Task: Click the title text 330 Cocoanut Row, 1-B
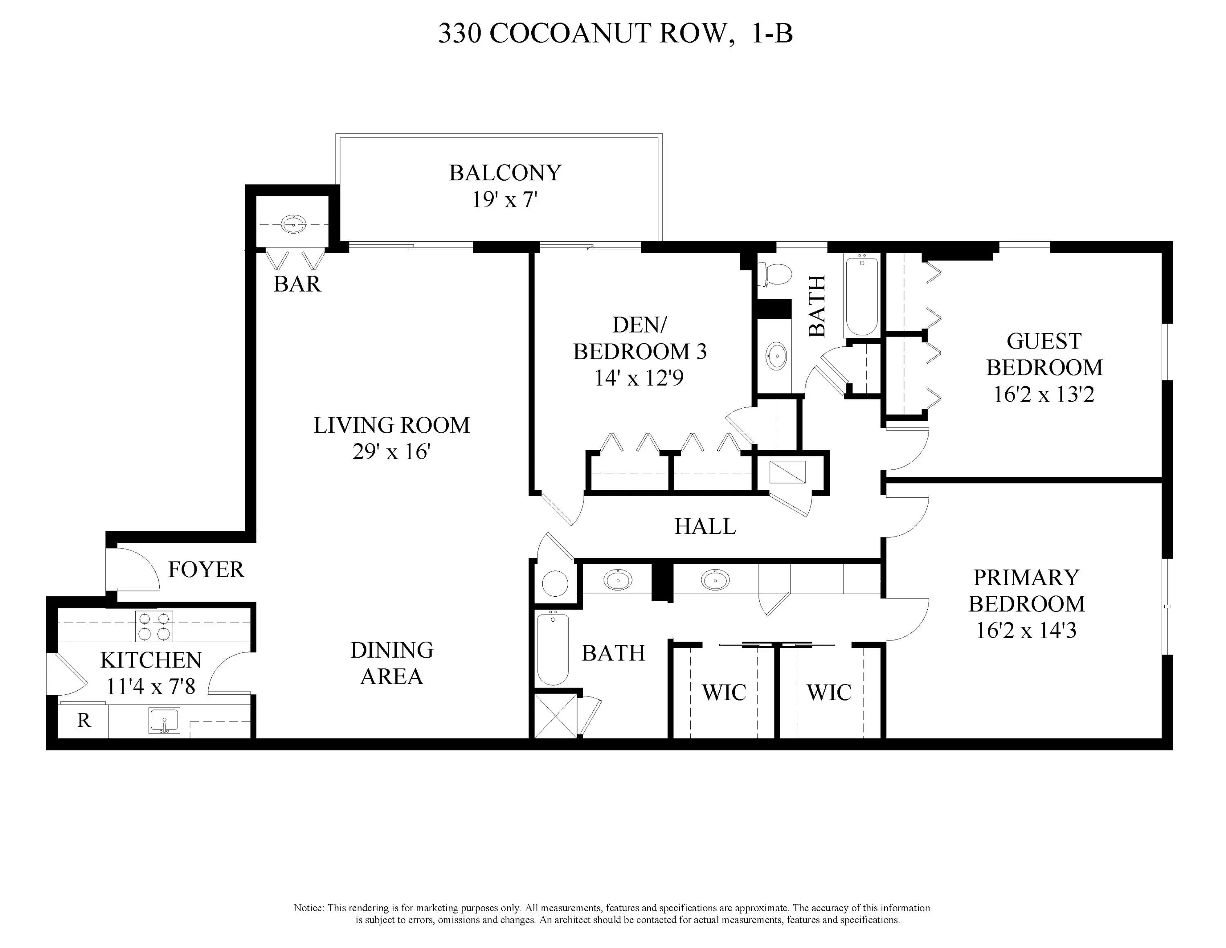[x=615, y=34]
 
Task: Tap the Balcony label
[x=505, y=173]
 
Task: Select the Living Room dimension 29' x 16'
[x=391, y=452]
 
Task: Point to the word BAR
[x=297, y=284]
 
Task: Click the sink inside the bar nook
[x=293, y=224]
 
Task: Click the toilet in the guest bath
[x=775, y=274]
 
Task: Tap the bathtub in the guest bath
[x=861, y=295]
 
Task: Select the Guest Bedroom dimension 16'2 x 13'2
[x=1044, y=394]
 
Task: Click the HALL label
[x=705, y=526]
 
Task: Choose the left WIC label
[x=724, y=692]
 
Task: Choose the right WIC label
[x=829, y=692]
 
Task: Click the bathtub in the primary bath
[x=553, y=649]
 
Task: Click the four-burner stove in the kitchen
[x=154, y=626]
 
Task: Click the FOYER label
[x=206, y=569]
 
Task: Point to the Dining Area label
[x=392, y=663]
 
